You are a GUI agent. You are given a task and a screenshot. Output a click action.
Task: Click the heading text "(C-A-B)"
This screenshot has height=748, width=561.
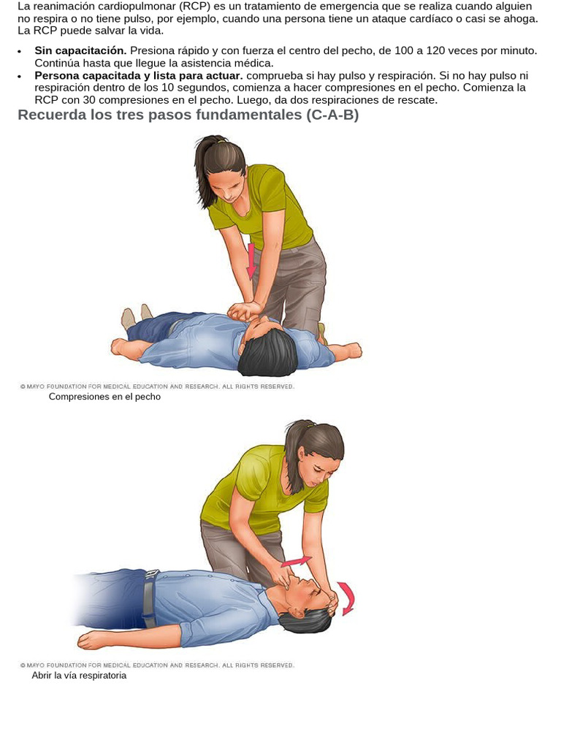pyautogui.click(x=332, y=115)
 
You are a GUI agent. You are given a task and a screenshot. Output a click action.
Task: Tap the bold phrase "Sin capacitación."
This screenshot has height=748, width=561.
pyautogui.click(x=80, y=50)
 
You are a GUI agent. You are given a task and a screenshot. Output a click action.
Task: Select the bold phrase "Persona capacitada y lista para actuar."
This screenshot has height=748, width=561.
pyautogui.click(x=139, y=76)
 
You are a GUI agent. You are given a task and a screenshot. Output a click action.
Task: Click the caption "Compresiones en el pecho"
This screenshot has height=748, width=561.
pyautogui.click(x=104, y=397)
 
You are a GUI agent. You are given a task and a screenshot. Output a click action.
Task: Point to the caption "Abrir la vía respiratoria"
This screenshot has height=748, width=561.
pyautogui.click(x=79, y=676)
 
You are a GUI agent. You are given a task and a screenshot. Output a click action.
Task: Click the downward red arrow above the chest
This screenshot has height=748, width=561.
pyautogui.click(x=251, y=261)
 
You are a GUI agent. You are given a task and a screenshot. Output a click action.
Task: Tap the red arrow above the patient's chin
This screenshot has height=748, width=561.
pyautogui.click(x=297, y=562)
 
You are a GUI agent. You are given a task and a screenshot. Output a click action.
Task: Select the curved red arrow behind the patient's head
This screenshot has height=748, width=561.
pyautogui.click(x=348, y=598)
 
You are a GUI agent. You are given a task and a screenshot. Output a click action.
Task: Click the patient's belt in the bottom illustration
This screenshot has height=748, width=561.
pyautogui.click(x=150, y=599)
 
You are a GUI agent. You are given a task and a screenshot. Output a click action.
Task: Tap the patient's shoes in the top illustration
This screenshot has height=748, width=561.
pyautogui.click(x=137, y=316)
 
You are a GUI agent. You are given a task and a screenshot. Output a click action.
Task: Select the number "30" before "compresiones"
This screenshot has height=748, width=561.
pyautogui.click(x=89, y=100)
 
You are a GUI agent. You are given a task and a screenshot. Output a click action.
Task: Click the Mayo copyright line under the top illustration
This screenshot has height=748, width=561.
pyautogui.click(x=157, y=386)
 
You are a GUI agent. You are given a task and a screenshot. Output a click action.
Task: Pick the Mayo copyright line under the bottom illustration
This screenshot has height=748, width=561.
pyautogui.click(x=157, y=665)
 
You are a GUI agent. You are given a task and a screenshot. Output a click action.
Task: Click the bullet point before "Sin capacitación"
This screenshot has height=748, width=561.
pyautogui.click(x=20, y=52)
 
